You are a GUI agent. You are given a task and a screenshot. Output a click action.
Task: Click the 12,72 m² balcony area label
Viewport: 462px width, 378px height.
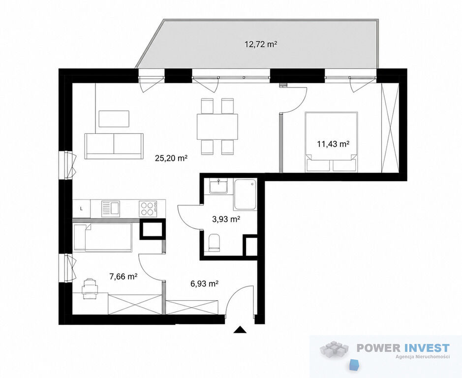[261, 44]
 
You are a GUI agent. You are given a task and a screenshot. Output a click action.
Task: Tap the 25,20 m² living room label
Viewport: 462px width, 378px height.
[172, 158]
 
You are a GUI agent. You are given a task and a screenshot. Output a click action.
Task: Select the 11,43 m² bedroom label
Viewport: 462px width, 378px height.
[333, 144]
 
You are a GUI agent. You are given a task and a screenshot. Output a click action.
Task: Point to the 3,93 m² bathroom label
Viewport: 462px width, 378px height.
[226, 219]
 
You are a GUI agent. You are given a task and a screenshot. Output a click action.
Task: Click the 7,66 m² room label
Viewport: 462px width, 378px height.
[123, 277]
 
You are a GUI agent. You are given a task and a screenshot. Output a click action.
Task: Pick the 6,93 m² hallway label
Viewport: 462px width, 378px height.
[205, 284]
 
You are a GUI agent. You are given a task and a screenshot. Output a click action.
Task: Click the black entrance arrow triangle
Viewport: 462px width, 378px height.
[240, 330]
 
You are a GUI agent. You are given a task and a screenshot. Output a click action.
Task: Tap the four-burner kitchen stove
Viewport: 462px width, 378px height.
[148, 209]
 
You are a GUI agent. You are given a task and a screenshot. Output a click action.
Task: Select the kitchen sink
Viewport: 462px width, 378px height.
[111, 209]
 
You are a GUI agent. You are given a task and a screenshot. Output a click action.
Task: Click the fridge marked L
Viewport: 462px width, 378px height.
[82, 209]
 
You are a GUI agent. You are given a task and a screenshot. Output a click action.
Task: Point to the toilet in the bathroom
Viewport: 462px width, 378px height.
[214, 243]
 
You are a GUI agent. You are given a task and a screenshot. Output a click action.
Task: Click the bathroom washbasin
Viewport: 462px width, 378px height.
[218, 186]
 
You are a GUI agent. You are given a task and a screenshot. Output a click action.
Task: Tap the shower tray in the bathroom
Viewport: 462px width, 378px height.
[245, 194]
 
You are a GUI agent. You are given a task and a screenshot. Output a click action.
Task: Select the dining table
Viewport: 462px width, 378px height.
[217, 127]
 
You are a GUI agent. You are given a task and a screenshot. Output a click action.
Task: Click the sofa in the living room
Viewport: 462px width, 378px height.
[114, 146]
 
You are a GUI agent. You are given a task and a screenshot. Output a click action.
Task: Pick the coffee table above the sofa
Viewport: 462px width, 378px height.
[114, 119]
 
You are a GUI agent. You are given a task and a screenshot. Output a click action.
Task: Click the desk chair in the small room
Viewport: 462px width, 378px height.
[90, 288]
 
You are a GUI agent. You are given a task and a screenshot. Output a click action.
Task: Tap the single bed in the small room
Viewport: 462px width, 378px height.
[102, 237]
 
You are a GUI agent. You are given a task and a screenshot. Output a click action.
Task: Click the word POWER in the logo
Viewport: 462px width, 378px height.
[379, 348]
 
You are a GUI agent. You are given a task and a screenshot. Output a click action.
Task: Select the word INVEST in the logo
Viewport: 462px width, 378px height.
[427, 348]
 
